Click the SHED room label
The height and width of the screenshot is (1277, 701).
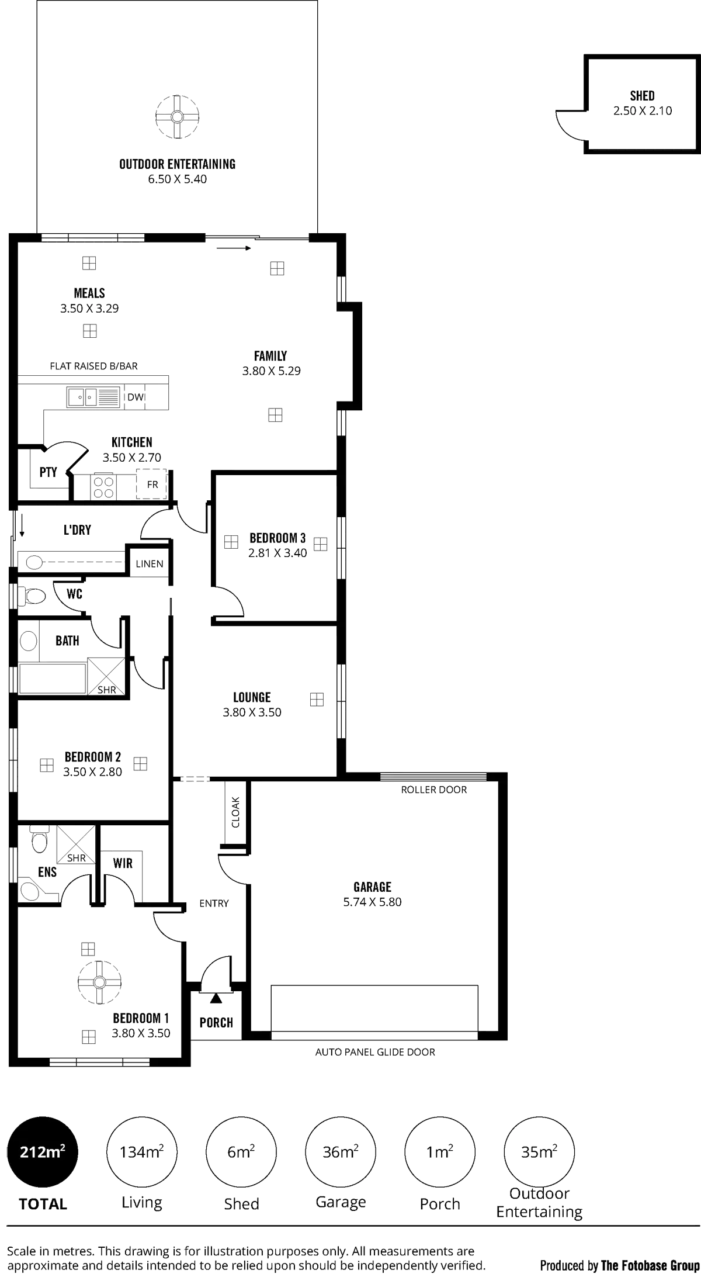coord(642,95)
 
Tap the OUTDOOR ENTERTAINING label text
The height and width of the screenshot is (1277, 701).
coord(177,164)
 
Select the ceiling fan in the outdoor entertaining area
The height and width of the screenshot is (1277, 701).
coord(178,117)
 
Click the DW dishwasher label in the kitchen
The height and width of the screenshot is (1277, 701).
coord(136,397)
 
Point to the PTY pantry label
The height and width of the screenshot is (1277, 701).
coord(48,472)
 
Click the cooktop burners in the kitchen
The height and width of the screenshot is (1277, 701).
coord(103,487)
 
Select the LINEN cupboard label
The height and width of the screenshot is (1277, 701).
coord(150,564)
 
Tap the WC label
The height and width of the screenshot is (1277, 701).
coord(74,594)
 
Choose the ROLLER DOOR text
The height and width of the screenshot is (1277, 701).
coord(434,790)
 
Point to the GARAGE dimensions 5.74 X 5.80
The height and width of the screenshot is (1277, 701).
coord(372,901)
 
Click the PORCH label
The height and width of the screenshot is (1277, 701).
coord(216,1022)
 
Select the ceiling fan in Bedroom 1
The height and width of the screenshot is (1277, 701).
coord(99,981)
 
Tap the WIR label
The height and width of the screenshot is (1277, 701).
coord(123,863)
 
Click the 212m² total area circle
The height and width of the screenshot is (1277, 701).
coord(43,1152)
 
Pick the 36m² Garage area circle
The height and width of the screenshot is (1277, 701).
coord(341,1152)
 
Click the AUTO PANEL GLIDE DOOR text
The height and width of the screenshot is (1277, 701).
coord(375,1052)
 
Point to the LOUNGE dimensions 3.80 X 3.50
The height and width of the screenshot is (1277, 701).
coord(252,712)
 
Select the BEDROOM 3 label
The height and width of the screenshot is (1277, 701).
coord(278,537)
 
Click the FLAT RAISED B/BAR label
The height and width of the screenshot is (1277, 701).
coord(94,366)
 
